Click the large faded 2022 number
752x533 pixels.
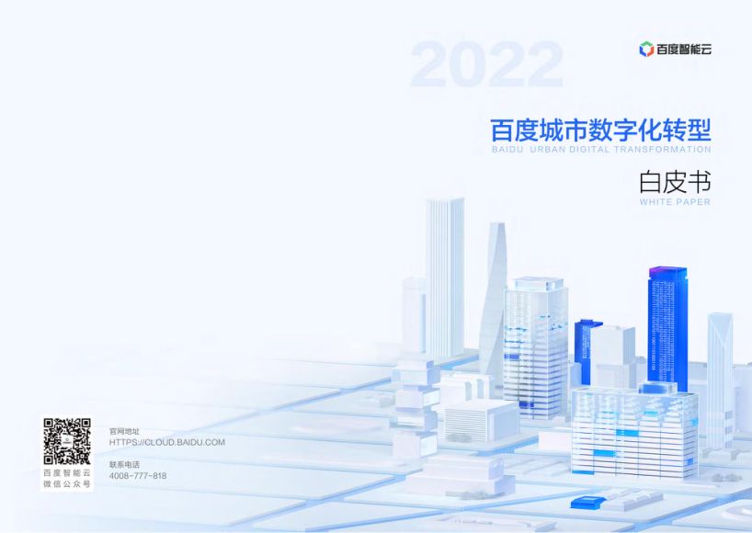pyautogui.click(x=486, y=64)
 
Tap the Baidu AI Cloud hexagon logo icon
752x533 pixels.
pyautogui.click(x=646, y=49)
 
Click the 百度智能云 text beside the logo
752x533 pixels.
pyautogui.click(x=684, y=50)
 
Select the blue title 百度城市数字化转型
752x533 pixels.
pyautogui.click(x=601, y=130)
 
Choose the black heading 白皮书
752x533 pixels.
pyautogui.click(x=675, y=182)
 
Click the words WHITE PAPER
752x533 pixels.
pyautogui.click(x=675, y=202)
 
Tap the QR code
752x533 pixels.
pyautogui.click(x=67, y=441)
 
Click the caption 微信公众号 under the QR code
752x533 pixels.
pyautogui.click(x=67, y=484)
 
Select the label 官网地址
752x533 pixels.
pyautogui.click(x=124, y=431)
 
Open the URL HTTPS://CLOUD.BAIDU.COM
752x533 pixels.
pyautogui.click(x=167, y=442)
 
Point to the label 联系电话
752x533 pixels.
pyautogui.click(x=124, y=464)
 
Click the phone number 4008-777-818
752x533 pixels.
pyautogui.click(x=138, y=476)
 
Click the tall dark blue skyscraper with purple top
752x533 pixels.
pyautogui.click(x=667, y=326)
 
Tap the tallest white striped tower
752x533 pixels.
pyautogui.click(x=445, y=278)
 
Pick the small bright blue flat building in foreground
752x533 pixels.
pyautogui.click(x=589, y=502)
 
